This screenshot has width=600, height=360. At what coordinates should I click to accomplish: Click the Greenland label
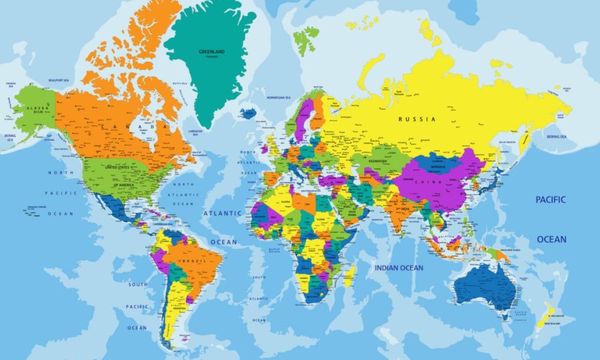coord(211,52)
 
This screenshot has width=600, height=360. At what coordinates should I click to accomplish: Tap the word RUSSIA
coord(417,119)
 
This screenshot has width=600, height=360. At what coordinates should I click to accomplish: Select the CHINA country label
coord(432,182)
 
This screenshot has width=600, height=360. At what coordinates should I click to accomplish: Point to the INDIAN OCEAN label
coord(399,268)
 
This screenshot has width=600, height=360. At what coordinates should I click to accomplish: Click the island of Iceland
coord(248,112)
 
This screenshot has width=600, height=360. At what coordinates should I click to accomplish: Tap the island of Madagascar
coord(349,275)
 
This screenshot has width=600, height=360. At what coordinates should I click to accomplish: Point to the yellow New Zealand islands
coord(546,315)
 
